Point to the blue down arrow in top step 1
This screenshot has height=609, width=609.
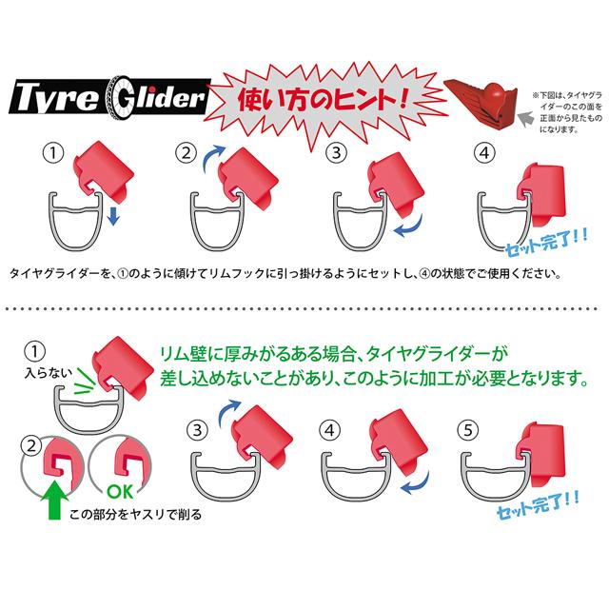point(112,217)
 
